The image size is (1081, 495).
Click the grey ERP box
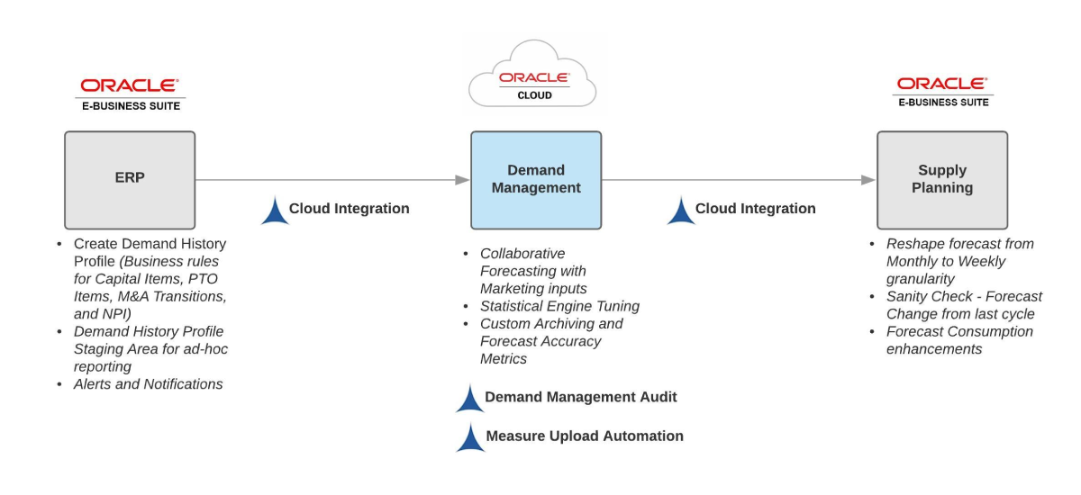tap(130, 180)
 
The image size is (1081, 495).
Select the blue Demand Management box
tap(536, 180)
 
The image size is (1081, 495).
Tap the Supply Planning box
tap(942, 180)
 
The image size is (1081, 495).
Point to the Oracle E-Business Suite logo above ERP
tap(131, 94)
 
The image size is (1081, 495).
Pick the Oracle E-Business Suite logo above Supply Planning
tap(943, 92)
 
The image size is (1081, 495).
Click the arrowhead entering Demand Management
tap(462, 180)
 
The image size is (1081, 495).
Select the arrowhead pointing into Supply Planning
tap(868, 180)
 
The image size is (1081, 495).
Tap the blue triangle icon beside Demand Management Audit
tap(470, 398)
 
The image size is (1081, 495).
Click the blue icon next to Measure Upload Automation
tap(470, 437)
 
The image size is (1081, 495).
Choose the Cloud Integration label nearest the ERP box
tap(349, 208)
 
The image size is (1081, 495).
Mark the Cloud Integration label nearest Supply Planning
tap(755, 208)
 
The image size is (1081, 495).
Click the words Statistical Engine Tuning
tap(559, 306)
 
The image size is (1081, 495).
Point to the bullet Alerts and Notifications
tap(148, 384)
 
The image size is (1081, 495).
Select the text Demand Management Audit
tap(580, 397)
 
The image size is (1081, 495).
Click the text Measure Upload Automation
tap(585, 436)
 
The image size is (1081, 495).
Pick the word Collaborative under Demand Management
tap(522, 254)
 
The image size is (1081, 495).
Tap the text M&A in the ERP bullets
tap(133, 296)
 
